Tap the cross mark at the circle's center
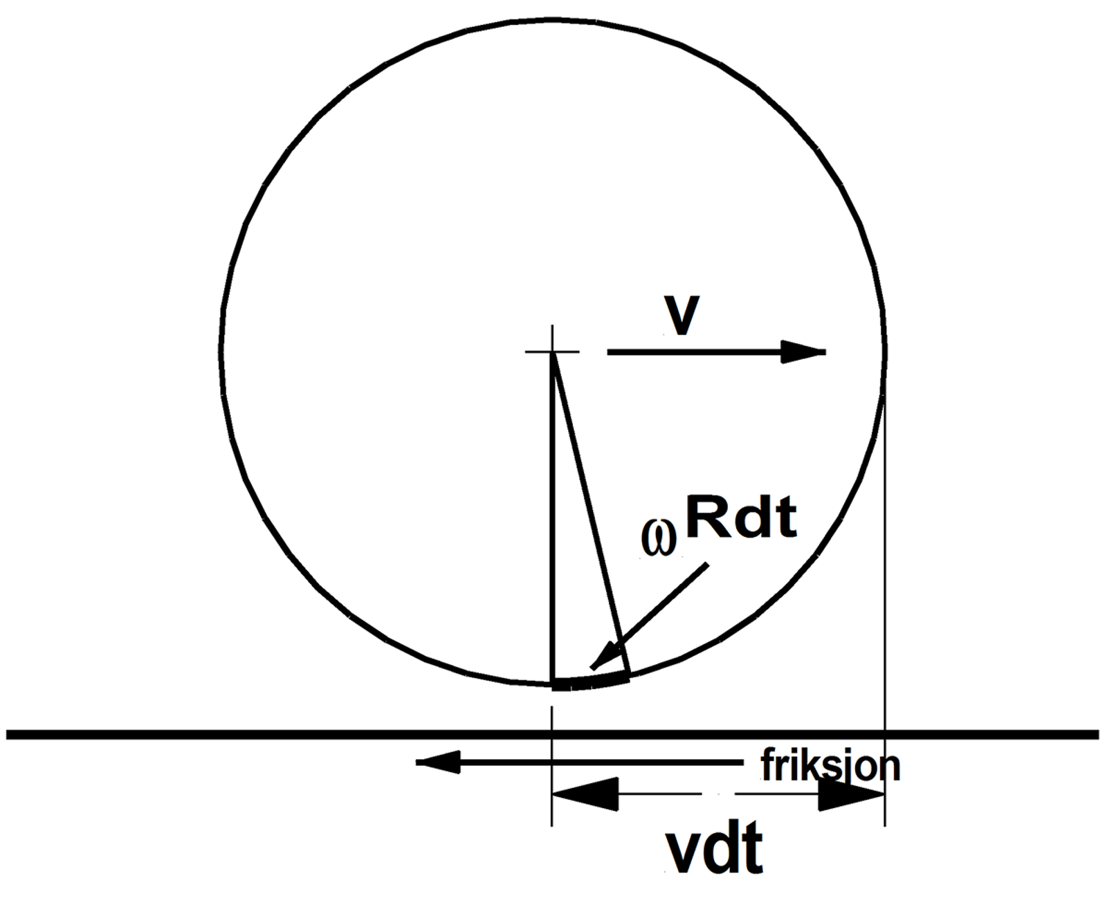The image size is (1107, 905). pos(552,352)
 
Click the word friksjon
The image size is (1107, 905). pos(830,765)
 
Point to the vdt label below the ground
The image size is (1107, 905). pos(713,849)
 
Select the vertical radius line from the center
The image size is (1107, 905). pos(553,519)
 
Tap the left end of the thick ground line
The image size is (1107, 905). pos(10,734)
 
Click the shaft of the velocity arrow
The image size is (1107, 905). pos(692,352)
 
